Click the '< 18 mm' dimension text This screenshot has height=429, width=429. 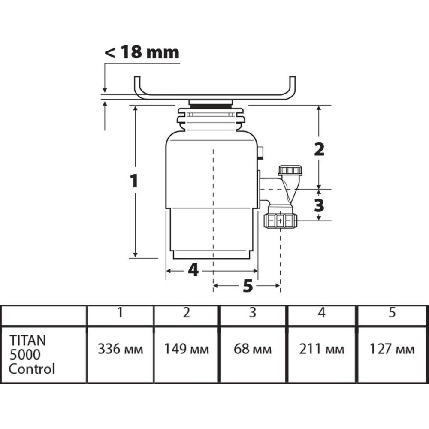[142, 52]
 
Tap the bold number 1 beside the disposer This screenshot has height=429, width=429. [134, 181]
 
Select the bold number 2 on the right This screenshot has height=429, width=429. [319, 149]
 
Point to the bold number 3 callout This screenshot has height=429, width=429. [319, 205]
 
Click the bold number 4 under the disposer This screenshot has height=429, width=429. [193, 270]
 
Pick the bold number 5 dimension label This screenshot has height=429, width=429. [248, 286]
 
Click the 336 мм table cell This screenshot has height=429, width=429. [121, 349]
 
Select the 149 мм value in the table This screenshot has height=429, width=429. [186, 349]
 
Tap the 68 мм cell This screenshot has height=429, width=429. [253, 349]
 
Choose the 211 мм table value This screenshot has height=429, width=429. [321, 349]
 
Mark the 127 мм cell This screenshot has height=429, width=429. [392, 349]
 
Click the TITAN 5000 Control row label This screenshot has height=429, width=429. [32, 354]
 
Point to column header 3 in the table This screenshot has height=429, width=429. [253, 312]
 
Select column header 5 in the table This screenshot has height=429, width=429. [392, 312]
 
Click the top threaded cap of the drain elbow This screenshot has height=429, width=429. [290, 170]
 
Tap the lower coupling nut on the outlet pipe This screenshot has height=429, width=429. [281, 221]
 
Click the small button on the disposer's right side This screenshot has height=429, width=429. [261, 153]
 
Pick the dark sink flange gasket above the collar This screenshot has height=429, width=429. [211, 106]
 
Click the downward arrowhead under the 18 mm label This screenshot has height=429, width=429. [105, 90]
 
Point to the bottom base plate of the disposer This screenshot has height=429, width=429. [211, 255]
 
